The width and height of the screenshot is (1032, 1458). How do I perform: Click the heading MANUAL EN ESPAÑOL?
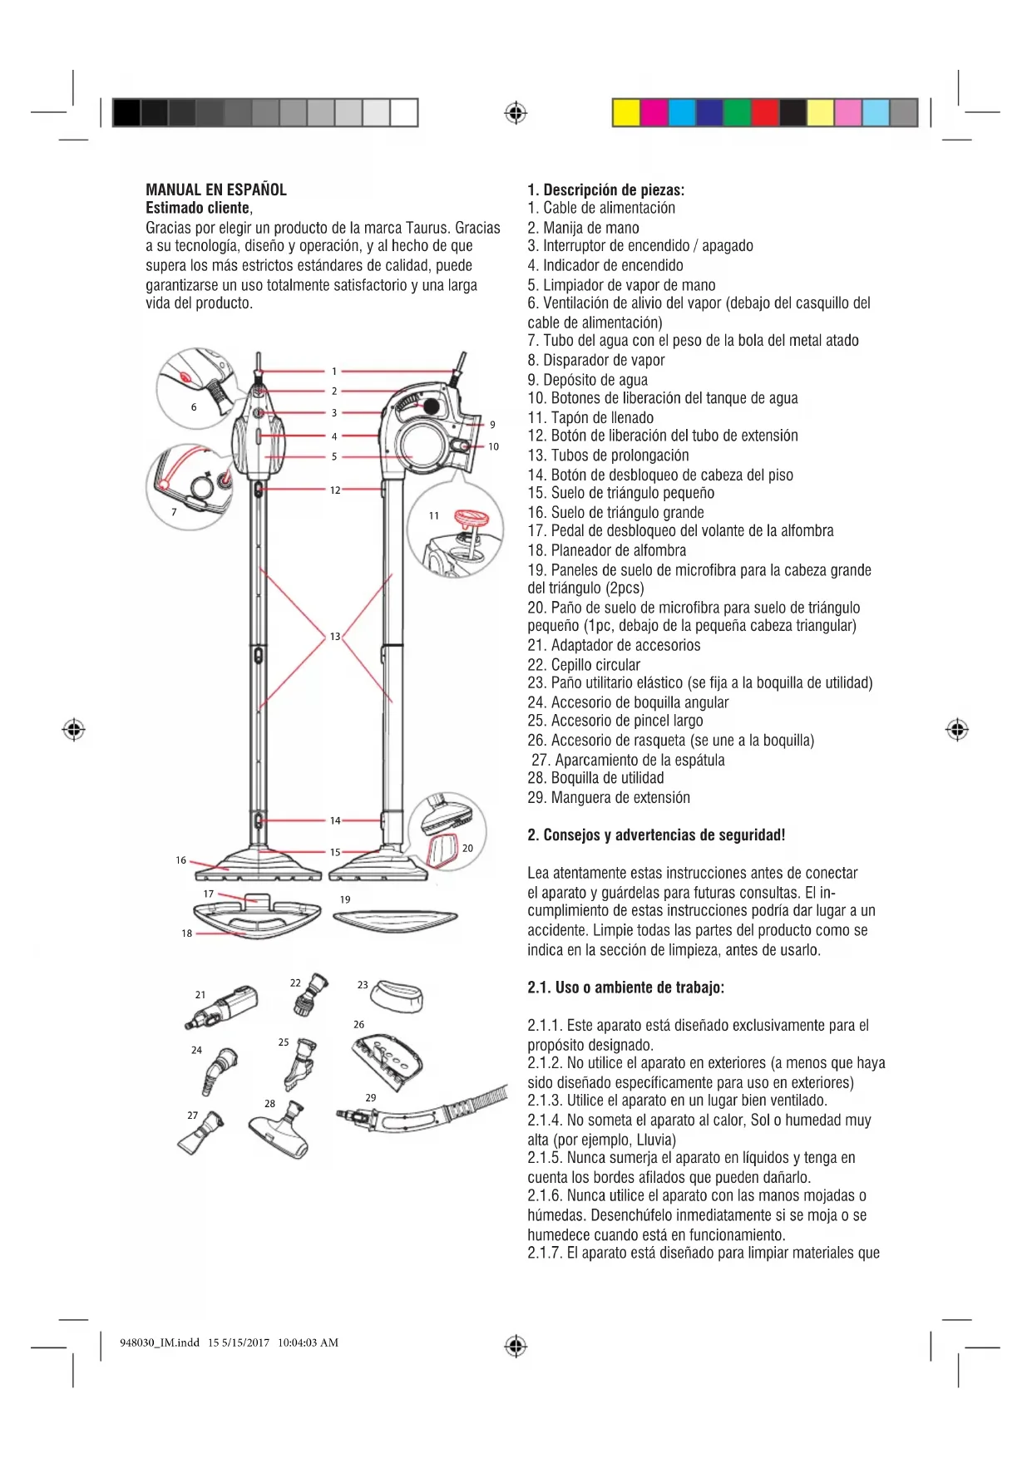tap(216, 190)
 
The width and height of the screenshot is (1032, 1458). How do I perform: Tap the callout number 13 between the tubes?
tap(335, 637)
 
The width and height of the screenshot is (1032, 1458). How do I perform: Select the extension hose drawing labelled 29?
tap(424, 1112)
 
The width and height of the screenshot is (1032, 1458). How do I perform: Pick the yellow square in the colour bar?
tap(626, 112)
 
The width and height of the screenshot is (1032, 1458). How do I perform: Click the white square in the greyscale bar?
tap(403, 112)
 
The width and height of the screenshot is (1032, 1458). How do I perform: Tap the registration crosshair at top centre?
tap(516, 112)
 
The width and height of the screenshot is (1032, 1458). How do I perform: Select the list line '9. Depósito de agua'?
tap(587, 380)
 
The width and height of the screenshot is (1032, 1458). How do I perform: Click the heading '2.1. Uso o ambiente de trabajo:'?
tap(625, 988)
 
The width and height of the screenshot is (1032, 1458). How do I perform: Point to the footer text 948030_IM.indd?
tap(160, 1342)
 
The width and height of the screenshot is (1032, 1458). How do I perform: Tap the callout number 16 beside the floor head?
tap(180, 860)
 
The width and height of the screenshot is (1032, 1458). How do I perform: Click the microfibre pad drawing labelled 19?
tap(395, 920)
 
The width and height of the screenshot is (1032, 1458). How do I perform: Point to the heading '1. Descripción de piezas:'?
tap(605, 190)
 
